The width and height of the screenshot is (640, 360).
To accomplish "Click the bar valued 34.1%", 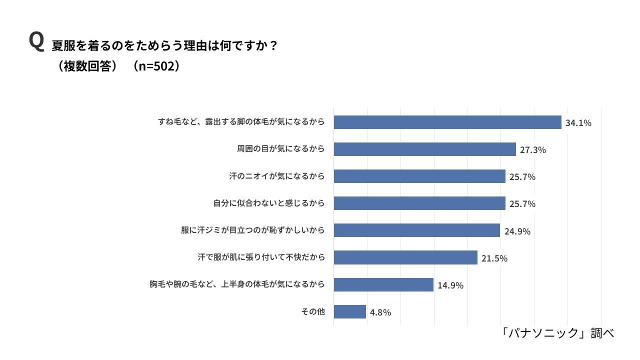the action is click(x=447, y=122).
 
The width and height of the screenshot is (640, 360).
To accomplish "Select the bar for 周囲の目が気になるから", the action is click(x=425, y=149).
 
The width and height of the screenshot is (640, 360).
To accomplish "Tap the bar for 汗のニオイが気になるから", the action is click(x=419, y=176).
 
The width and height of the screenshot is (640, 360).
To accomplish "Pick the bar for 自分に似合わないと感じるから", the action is click(x=419, y=203).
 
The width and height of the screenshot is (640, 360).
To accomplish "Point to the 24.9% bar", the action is click(x=417, y=230).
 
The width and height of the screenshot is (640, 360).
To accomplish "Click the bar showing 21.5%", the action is click(x=405, y=257).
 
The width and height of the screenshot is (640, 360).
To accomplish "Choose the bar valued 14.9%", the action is click(x=383, y=284).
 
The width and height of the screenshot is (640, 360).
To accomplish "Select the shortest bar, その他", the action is click(x=349, y=311).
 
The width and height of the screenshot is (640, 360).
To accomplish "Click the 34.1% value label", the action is click(x=578, y=123).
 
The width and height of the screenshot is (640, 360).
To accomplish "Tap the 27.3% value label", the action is click(x=533, y=150).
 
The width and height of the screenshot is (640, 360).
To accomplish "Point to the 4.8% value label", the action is click(x=380, y=312).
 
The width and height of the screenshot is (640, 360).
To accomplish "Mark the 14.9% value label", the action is click(x=450, y=285).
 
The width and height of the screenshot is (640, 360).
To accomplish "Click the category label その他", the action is click(x=313, y=311).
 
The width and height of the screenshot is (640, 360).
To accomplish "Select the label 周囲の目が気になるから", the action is click(x=281, y=149).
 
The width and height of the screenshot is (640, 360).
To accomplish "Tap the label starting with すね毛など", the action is click(x=241, y=121).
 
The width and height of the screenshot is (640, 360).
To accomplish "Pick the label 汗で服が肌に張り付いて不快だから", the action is click(x=261, y=257).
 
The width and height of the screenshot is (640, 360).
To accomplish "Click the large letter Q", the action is click(x=37, y=41).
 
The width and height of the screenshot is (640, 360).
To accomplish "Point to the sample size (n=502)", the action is click(x=156, y=66).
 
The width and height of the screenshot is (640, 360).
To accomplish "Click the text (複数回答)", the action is click(x=87, y=66).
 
